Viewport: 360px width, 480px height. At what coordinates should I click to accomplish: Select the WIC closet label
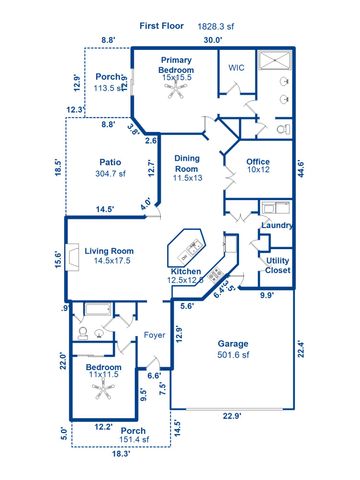236,68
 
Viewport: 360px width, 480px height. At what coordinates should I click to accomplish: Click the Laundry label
276,226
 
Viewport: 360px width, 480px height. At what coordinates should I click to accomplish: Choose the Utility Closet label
278,265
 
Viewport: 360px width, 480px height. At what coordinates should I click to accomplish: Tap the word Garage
233,344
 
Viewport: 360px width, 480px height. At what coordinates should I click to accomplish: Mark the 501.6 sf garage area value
234,357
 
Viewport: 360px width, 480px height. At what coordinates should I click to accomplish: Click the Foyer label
154,335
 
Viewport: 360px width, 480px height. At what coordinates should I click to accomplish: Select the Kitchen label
187,272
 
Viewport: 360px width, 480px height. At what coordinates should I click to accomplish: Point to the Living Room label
109,251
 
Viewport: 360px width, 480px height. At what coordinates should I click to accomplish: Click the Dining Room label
187,163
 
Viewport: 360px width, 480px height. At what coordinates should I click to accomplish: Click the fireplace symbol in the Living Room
71,252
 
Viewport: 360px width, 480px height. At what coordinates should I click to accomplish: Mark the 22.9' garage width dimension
234,417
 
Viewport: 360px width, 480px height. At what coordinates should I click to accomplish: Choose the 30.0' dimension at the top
212,41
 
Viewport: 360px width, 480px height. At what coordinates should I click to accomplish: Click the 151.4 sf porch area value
133,439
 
